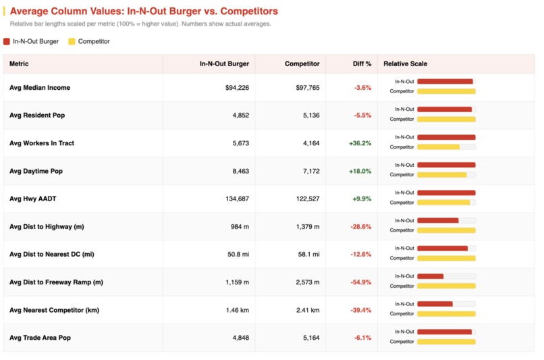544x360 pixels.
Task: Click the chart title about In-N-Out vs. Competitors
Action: (x=144, y=11)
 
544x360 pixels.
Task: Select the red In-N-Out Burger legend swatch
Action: (x=7, y=41)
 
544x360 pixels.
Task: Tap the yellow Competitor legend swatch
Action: (x=72, y=41)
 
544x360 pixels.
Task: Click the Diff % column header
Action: (x=362, y=64)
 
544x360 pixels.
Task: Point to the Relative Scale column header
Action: (x=405, y=64)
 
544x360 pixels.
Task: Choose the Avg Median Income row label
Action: (x=40, y=88)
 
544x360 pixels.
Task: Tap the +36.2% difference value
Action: (x=360, y=143)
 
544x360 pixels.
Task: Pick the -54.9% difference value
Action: (x=360, y=282)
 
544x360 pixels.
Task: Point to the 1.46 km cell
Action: (x=237, y=310)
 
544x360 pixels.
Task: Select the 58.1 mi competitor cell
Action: (x=307, y=254)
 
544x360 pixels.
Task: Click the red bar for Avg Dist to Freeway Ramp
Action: (x=431, y=276)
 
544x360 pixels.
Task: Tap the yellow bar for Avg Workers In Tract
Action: (x=438, y=147)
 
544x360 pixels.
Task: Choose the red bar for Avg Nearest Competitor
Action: (x=435, y=304)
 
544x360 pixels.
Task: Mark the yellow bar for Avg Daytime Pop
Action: (x=441, y=175)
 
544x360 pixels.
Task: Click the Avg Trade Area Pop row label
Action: (x=40, y=338)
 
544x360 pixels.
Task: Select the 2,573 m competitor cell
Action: (x=306, y=282)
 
